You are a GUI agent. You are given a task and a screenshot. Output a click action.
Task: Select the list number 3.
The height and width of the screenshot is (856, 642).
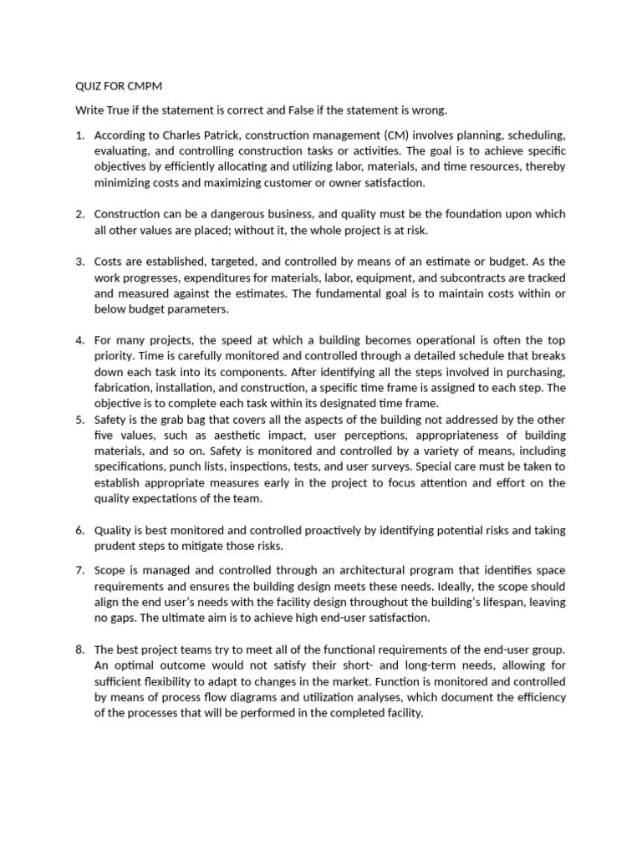coord(79,262)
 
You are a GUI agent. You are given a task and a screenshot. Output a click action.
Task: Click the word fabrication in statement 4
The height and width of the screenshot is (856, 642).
coord(121,388)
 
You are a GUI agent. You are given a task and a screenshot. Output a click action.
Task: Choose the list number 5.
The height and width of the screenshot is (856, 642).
coord(79,420)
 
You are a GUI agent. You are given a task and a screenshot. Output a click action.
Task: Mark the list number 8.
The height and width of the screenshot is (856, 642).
coord(79,650)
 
